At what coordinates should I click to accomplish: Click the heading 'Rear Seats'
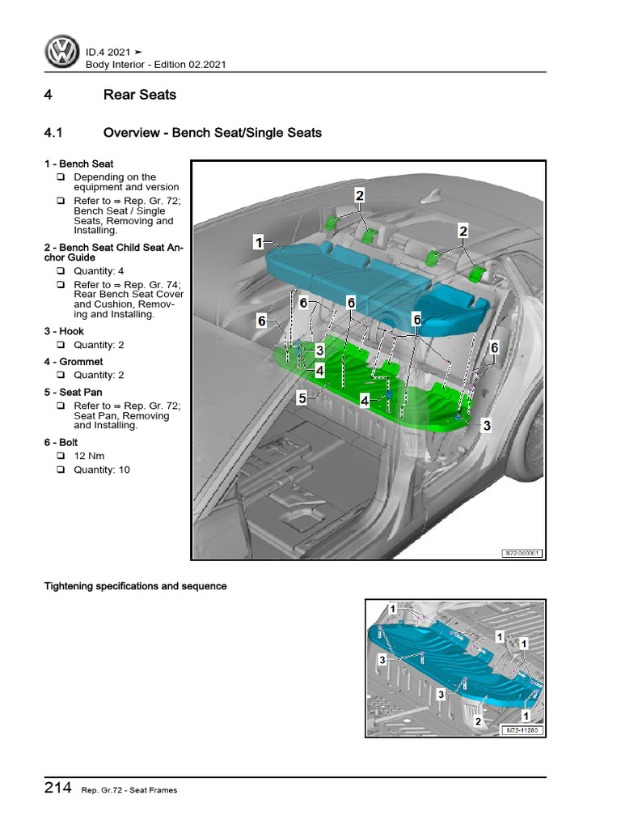pos(139,95)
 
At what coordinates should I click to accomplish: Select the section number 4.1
pos(53,133)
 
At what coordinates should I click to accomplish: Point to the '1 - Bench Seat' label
pos(78,164)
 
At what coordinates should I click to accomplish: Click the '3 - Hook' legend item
pos(64,331)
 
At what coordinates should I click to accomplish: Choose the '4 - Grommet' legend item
pos(74,362)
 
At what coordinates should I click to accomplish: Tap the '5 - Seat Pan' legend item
pos(74,392)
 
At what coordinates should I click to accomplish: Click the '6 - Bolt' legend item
pos(64,443)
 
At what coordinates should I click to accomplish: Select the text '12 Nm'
pos(91,457)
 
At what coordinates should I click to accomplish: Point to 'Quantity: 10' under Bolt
pos(101,470)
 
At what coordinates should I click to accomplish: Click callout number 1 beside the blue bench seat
pos(258,241)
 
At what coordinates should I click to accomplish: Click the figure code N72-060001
pos(521,554)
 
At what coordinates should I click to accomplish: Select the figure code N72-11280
pos(521,729)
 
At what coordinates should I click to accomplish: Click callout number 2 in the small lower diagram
pos(479,721)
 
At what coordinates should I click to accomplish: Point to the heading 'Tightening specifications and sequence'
pos(135,586)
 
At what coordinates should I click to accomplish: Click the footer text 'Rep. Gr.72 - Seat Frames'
pos(129,791)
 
